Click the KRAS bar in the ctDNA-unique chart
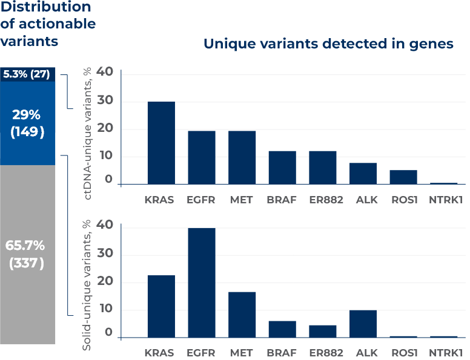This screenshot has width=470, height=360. pyautogui.click(x=161, y=143)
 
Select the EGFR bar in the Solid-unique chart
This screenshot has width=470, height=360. pyautogui.click(x=202, y=283)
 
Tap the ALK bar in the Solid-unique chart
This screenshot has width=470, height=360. pyautogui.click(x=363, y=324)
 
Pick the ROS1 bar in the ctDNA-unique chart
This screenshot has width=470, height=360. pyautogui.click(x=403, y=177)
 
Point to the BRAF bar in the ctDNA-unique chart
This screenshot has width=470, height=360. pyautogui.click(x=282, y=168)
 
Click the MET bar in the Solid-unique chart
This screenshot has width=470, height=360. pyautogui.click(x=242, y=314)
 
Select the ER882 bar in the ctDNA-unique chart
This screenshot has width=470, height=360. pyautogui.click(x=323, y=168)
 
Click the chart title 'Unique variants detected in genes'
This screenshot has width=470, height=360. pyautogui.click(x=328, y=44)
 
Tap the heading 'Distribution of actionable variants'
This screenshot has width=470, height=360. pyautogui.click(x=47, y=24)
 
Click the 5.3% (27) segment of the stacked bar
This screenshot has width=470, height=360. pyautogui.click(x=28, y=74)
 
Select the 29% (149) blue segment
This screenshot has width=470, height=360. pyautogui.click(x=28, y=123)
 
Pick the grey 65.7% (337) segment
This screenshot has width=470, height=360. pyautogui.click(x=28, y=254)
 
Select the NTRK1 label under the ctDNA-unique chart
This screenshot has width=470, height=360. pyautogui.click(x=446, y=200)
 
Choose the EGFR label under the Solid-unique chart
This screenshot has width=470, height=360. pyautogui.click(x=202, y=353)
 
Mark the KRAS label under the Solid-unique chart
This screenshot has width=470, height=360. pyautogui.click(x=159, y=353)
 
